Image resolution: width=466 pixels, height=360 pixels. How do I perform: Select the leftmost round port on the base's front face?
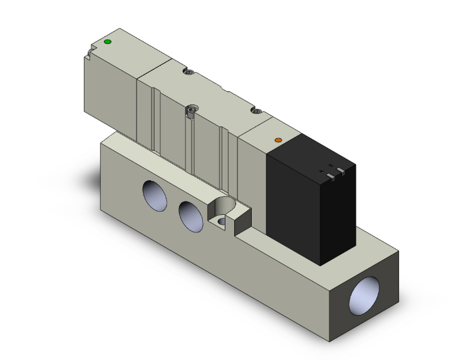(154, 195)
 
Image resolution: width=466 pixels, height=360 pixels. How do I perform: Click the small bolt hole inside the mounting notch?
(221, 221)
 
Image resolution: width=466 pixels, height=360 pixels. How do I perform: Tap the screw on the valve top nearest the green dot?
(190, 73)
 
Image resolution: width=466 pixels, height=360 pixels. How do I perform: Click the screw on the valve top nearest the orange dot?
(256, 111)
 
